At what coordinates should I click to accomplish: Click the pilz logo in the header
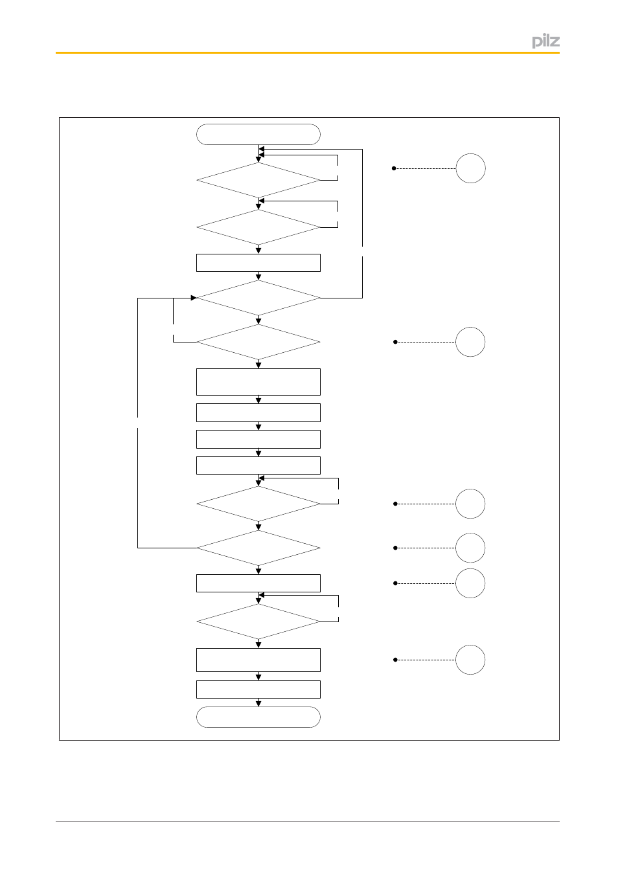pyautogui.click(x=545, y=41)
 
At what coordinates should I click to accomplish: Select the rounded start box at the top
pyautogui.click(x=258, y=135)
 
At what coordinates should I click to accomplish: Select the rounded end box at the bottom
pyautogui.click(x=258, y=717)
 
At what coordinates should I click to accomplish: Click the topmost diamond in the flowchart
pyautogui.click(x=258, y=180)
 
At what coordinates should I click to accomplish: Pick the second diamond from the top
pyautogui.click(x=258, y=227)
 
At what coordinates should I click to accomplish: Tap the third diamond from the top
pyautogui.click(x=258, y=298)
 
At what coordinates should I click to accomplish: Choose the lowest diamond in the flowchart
pyautogui.click(x=258, y=622)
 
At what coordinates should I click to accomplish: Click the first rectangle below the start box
pyautogui.click(x=258, y=262)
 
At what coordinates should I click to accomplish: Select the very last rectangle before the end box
pyautogui.click(x=258, y=689)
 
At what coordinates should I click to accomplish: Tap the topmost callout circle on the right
pyautogui.click(x=470, y=168)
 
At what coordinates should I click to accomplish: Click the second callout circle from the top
pyautogui.click(x=470, y=342)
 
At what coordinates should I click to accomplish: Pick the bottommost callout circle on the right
pyautogui.click(x=470, y=660)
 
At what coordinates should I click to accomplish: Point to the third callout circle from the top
pyautogui.click(x=470, y=504)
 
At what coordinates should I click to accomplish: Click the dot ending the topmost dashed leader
pyautogui.click(x=394, y=168)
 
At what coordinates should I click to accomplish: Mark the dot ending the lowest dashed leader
pyautogui.click(x=395, y=660)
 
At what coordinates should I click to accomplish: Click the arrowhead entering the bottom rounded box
pyautogui.click(x=258, y=704)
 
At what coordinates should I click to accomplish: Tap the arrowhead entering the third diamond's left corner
pyautogui.click(x=194, y=298)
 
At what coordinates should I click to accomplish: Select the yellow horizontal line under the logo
pyautogui.click(x=307, y=52)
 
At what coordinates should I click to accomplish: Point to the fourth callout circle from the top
pyautogui.click(x=470, y=548)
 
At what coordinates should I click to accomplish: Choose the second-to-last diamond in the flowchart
pyautogui.click(x=258, y=548)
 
